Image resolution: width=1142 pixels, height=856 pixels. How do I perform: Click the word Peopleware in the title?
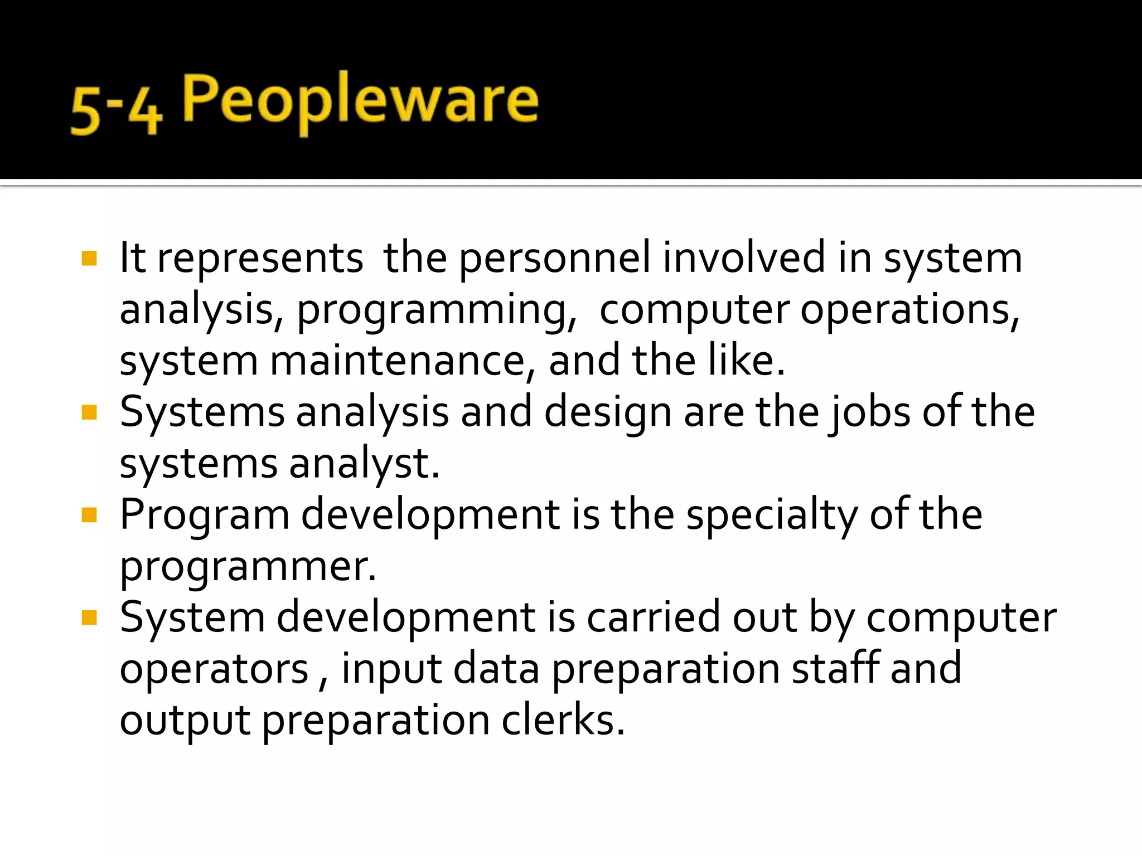click(x=360, y=100)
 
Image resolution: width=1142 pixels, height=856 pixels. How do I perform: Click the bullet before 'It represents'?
click(x=89, y=259)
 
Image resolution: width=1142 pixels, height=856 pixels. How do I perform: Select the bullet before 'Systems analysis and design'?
click(x=89, y=412)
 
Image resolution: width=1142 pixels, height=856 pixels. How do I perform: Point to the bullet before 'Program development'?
click(x=89, y=515)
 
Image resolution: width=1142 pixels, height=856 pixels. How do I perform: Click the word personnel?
click(x=555, y=258)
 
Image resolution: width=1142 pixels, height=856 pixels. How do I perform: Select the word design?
click(x=607, y=413)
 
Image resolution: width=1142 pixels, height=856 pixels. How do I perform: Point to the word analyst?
click(x=365, y=464)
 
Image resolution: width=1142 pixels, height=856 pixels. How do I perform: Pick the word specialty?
click(x=772, y=515)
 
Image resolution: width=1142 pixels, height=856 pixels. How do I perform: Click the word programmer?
click(x=248, y=567)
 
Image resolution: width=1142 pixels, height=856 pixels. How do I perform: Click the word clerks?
click(x=563, y=719)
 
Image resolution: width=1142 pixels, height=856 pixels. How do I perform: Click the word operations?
click(x=909, y=310)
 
